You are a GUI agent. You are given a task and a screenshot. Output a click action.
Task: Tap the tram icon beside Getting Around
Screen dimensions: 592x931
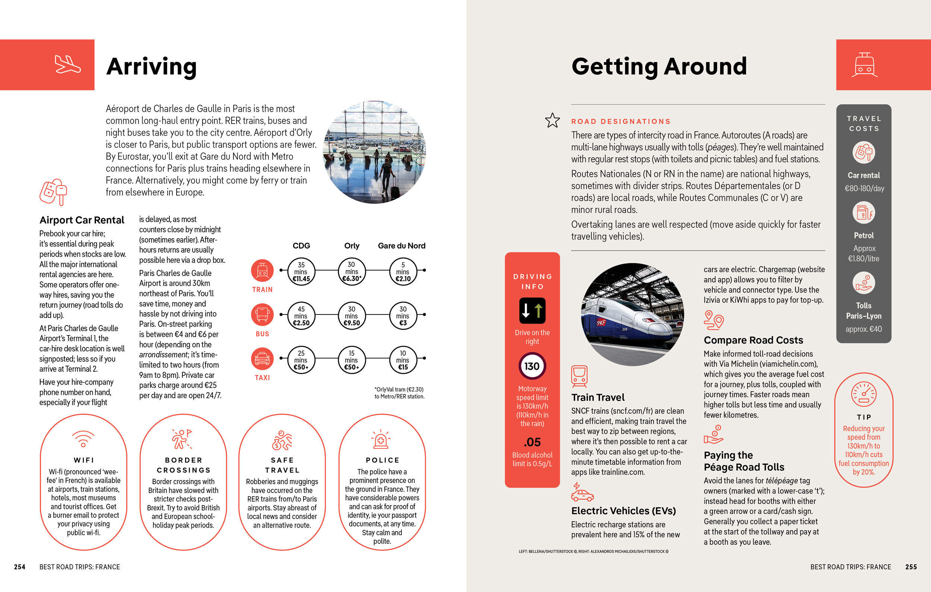point(864,65)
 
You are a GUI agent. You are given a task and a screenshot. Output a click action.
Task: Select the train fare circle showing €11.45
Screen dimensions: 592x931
point(301,271)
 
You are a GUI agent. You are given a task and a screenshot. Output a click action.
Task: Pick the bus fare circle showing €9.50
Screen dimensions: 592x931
point(352,316)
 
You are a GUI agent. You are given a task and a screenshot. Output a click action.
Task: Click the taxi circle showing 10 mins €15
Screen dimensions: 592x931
point(403,360)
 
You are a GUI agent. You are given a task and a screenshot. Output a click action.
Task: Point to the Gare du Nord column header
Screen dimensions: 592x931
point(401,246)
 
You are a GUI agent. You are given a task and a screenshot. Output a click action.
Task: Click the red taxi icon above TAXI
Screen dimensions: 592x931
point(262,359)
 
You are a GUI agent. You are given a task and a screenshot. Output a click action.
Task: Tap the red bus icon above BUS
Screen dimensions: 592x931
point(262,314)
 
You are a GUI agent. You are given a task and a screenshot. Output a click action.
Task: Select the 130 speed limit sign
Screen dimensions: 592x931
point(532,366)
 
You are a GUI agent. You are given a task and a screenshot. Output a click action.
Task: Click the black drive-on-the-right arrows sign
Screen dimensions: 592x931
point(532,310)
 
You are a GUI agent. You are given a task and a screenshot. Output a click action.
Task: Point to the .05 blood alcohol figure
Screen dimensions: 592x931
point(532,442)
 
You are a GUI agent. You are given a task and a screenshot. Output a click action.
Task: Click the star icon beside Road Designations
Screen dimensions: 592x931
point(553,121)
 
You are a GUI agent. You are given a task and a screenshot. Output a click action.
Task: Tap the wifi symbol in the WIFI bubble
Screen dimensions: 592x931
point(83,439)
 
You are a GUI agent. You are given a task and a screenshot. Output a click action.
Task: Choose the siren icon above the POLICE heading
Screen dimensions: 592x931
point(381,439)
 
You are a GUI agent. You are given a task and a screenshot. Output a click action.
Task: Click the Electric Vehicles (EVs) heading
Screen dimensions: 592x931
point(623,511)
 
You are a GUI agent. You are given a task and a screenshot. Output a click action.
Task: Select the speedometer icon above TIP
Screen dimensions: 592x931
point(864,394)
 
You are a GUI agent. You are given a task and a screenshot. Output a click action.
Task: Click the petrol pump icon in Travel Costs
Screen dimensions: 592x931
point(864,212)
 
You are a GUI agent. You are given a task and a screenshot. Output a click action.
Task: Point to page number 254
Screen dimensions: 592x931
point(20,567)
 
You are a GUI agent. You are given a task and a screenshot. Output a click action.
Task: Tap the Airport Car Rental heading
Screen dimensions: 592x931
point(82,220)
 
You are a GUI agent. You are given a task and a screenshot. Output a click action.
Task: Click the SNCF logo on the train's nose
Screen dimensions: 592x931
point(600,323)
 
